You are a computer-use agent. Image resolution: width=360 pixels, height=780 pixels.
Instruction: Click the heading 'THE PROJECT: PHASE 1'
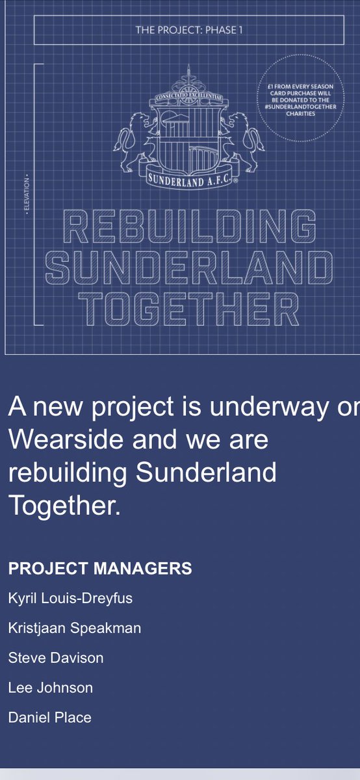tap(188, 30)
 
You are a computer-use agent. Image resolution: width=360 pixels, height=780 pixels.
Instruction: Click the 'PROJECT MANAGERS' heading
tap(100, 568)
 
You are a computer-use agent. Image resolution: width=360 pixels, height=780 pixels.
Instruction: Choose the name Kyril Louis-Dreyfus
tap(70, 598)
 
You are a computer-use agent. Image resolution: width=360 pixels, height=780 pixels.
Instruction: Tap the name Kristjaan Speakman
tap(75, 628)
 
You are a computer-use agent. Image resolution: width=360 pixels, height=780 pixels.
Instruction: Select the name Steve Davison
tap(56, 658)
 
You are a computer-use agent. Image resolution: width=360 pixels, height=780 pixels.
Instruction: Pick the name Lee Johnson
tap(51, 688)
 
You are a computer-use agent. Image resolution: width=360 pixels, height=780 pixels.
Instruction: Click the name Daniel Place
tap(50, 718)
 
